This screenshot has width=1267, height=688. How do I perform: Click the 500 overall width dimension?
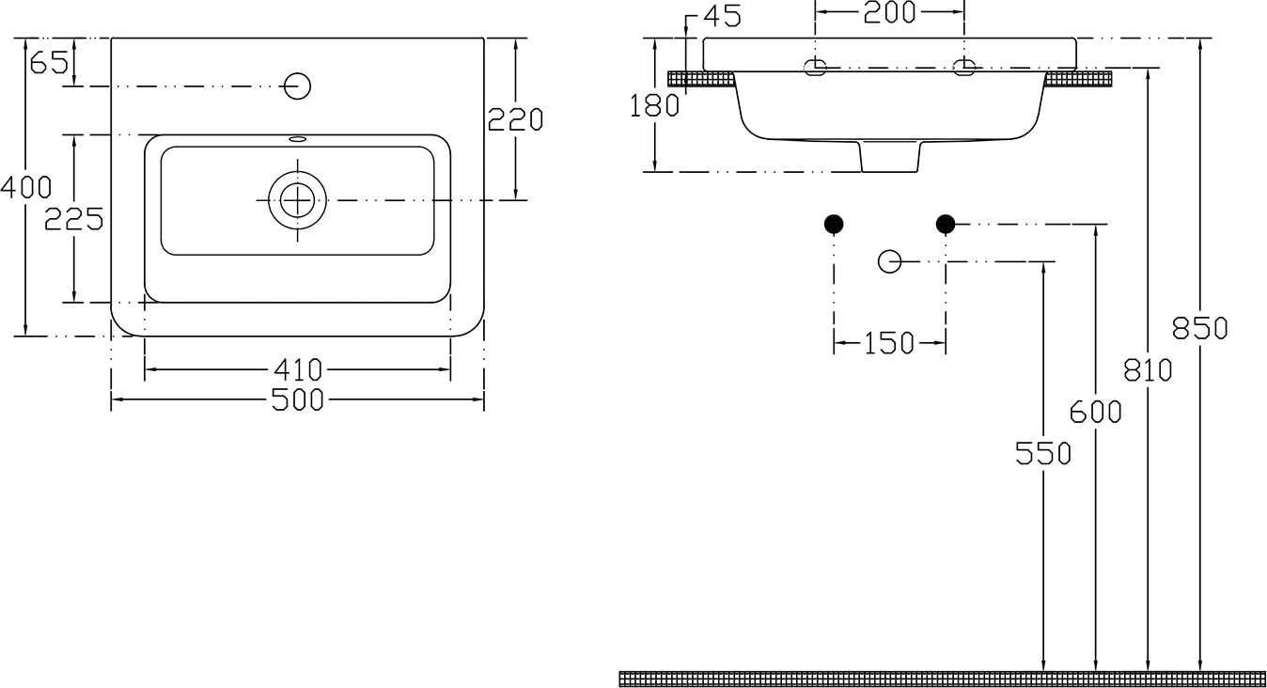(298, 400)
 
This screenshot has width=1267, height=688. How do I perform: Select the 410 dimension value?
(298, 370)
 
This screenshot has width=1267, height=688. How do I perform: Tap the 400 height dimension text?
(25, 187)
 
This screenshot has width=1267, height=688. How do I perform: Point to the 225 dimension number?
(74, 219)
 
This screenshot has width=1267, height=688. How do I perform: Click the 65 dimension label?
(49, 62)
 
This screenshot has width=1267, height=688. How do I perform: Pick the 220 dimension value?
(515, 119)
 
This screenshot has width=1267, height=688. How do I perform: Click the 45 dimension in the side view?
(722, 16)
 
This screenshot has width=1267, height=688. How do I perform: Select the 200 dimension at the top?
(889, 12)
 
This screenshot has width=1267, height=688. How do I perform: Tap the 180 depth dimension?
(654, 106)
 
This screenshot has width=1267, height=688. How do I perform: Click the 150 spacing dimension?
(889, 343)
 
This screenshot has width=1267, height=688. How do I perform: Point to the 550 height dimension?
(1043, 454)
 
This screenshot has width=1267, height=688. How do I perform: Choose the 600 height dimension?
(1096, 412)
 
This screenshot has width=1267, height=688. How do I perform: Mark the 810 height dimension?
(1148, 370)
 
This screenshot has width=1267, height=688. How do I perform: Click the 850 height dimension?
(1199, 328)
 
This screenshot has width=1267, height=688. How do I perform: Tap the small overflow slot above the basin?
(298, 138)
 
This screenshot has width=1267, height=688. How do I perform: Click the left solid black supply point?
(834, 224)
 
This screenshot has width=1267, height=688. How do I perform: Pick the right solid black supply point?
(946, 224)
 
